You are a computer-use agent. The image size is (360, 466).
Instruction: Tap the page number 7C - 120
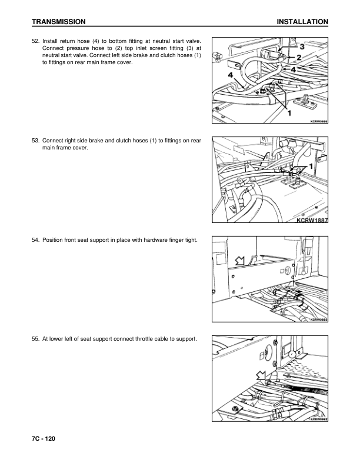click(44, 439)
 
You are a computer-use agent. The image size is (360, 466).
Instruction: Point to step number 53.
click(35, 141)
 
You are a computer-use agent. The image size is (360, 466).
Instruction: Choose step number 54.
click(35, 239)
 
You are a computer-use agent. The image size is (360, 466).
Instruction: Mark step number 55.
click(35, 338)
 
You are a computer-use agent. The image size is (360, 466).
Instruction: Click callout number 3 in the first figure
click(301, 46)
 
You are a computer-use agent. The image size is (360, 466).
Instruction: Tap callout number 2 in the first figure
click(299, 57)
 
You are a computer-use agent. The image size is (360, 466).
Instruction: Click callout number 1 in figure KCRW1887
click(312, 165)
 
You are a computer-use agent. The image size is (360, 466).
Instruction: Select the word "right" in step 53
click(77, 141)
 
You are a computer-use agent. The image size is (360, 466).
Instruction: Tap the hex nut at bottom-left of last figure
click(235, 409)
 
